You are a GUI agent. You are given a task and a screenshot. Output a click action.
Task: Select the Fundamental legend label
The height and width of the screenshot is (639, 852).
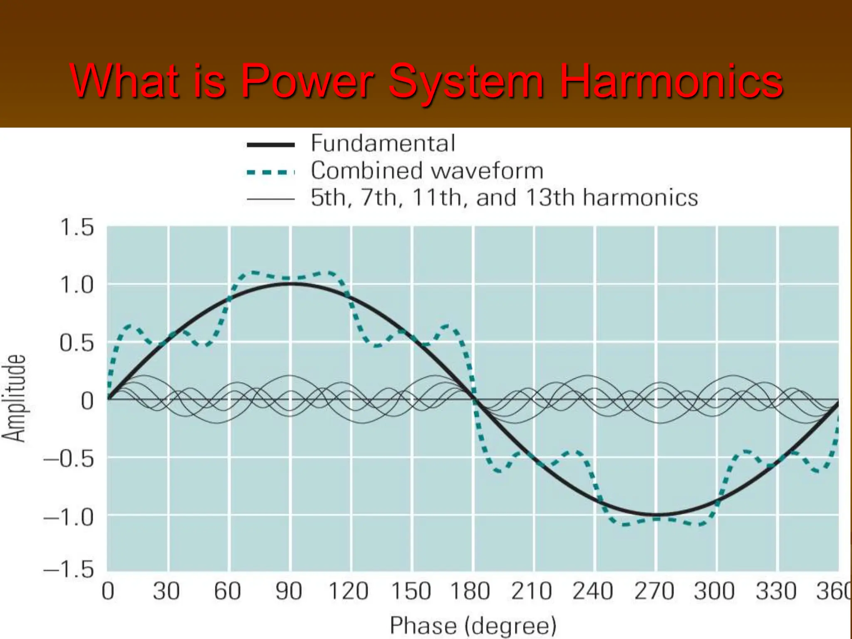tap(383, 144)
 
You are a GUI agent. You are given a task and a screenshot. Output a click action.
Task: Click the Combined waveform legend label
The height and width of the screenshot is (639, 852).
tap(427, 171)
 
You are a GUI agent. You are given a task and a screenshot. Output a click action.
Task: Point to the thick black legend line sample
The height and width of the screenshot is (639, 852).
tap(270, 145)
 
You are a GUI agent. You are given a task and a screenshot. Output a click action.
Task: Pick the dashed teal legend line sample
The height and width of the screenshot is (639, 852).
tap(270, 172)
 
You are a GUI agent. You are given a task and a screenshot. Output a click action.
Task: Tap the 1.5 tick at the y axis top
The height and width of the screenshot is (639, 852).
tap(77, 228)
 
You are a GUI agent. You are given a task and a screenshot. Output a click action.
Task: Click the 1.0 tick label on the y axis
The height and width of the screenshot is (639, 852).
tap(77, 285)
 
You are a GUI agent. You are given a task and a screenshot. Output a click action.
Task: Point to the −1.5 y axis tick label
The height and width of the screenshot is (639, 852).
tap(69, 569)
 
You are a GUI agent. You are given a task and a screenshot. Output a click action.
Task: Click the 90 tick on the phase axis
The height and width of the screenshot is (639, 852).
tap(289, 591)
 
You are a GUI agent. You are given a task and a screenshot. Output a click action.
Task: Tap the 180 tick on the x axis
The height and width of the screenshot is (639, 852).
tap(471, 591)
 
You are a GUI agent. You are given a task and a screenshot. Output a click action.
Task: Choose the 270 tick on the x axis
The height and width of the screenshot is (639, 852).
tap(654, 591)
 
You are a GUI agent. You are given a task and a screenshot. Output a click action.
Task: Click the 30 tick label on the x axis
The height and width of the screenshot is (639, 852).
tap(166, 591)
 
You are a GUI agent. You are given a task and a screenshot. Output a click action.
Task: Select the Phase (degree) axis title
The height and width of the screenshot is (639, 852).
tap(473, 625)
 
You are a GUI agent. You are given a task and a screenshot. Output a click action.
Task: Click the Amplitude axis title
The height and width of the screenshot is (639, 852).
tap(14, 398)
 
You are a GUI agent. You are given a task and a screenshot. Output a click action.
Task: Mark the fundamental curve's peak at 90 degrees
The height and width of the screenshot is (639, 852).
tap(291, 284)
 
